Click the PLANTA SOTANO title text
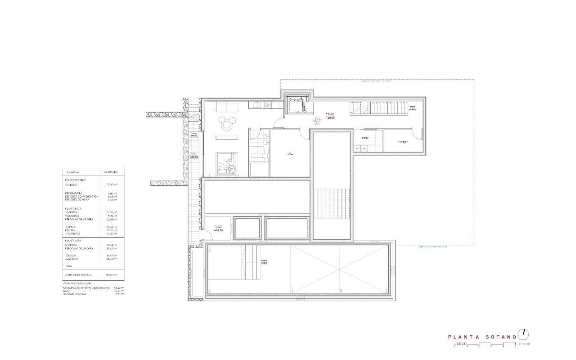[x=481, y=337]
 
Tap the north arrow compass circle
[x=523, y=334]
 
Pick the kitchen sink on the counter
[x=258, y=105]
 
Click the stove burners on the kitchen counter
[x=268, y=105]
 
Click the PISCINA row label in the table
[x=71, y=230]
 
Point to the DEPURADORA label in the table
[x=74, y=193]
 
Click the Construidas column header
[x=111, y=172]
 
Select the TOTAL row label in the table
[x=69, y=266]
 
